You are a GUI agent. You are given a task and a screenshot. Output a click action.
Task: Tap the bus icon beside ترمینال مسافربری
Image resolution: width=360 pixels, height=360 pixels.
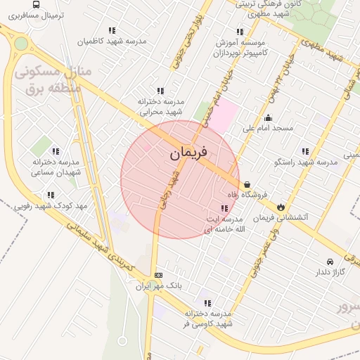tap(36, 4)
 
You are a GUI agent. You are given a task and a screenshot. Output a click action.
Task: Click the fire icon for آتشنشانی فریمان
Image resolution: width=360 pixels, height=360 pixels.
tap(281, 207)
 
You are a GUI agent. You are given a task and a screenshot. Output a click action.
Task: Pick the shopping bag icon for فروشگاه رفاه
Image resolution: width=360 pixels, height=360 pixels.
tap(247, 184)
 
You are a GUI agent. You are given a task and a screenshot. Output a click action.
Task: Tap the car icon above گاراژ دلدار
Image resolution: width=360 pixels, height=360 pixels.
tap(330, 261)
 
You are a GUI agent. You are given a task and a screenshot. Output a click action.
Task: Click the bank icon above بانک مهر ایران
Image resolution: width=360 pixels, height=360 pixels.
tap(159, 275)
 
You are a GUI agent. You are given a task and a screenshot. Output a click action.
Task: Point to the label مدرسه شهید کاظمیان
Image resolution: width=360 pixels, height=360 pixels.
tap(117, 41)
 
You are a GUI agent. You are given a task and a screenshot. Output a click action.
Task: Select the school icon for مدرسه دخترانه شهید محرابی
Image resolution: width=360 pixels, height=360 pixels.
tap(160, 91)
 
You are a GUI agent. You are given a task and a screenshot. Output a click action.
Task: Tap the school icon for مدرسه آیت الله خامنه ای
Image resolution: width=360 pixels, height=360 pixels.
tap(224, 208)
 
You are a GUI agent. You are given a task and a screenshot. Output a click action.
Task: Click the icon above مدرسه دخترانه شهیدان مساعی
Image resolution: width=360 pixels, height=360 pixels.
tap(56, 150)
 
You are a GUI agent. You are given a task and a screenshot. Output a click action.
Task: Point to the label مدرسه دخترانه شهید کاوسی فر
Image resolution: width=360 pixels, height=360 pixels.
tap(209, 318)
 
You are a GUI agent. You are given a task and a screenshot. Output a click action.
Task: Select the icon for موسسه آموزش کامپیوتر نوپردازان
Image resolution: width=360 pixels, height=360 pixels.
tap(240, 32)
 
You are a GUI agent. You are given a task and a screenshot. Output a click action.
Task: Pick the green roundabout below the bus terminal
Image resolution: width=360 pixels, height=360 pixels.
tap(20, 44)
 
